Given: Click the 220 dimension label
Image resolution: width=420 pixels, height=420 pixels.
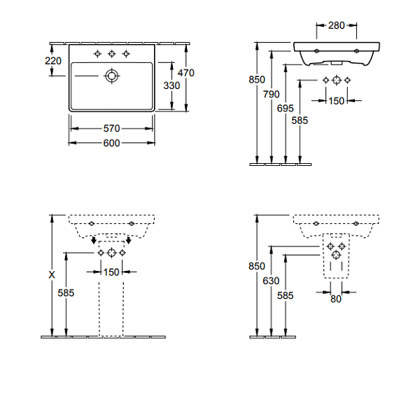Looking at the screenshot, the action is coord(53,61).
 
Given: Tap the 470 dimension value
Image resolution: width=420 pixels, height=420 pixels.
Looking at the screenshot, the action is coord(186,73).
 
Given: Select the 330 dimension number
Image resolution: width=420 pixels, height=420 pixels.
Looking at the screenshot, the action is coord(171,85).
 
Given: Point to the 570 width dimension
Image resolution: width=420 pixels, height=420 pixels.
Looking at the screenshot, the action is coord(111,129).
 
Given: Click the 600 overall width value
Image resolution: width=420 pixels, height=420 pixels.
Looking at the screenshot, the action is coord(111,143).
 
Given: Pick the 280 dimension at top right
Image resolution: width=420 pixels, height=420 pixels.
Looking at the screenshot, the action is coord(337,25).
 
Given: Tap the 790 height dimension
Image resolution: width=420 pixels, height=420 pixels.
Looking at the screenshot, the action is coord(271,94).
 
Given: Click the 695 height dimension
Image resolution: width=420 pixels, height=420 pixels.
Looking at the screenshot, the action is coord(286,108).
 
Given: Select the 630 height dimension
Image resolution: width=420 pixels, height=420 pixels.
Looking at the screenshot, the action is coord(271,281).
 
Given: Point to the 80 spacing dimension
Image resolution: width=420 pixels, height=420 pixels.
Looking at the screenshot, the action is coord(336,299).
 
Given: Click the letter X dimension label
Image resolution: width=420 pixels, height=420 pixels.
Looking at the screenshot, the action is coord(52,274).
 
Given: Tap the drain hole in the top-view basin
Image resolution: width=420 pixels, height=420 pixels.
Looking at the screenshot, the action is coord(111,76).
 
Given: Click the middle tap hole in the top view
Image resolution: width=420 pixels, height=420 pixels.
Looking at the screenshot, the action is coord(112,54).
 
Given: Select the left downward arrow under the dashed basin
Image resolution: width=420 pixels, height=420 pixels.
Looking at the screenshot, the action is coord(94,240).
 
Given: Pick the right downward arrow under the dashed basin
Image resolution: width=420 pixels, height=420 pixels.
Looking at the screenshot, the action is coord(129,240).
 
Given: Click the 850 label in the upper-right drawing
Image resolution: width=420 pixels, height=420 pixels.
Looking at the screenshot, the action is coord(257,80).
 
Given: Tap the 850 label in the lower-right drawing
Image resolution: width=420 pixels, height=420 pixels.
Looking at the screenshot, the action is coord(257,266).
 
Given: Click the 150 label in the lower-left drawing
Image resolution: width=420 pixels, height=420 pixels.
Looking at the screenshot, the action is coord(111,272).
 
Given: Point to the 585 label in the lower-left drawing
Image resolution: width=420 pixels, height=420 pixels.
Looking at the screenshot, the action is coord(66,293).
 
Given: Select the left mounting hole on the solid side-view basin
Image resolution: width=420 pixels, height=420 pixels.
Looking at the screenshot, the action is coord(316,51).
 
